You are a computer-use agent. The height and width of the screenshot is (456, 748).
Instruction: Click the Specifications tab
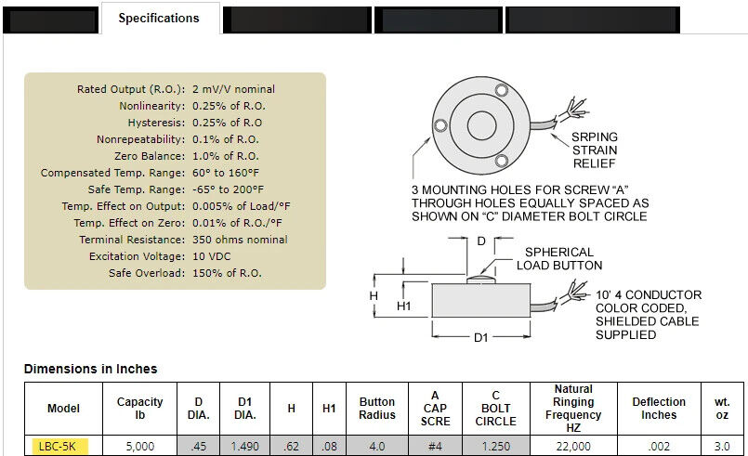[159, 18]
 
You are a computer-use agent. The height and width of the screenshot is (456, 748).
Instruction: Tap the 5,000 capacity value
[139, 446]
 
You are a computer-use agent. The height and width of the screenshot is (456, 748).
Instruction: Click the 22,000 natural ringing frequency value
[573, 446]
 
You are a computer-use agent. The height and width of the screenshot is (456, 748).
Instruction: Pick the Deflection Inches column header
[659, 409]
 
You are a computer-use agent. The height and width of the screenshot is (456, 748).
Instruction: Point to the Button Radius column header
[377, 409]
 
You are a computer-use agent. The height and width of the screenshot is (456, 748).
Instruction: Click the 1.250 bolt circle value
[495, 446]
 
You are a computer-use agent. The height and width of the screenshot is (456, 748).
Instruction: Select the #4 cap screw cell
[435, 446]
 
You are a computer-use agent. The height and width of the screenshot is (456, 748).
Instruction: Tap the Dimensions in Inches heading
[90, 369]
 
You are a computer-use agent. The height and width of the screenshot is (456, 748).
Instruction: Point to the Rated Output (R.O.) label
[131, 89]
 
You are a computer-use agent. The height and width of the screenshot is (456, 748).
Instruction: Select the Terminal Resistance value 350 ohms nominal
[240, 240]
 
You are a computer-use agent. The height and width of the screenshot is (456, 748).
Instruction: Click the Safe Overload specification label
[147, 273]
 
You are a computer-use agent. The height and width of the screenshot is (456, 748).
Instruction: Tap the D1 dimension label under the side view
[481, 338]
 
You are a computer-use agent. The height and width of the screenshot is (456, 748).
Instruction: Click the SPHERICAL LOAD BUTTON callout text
[559, 258]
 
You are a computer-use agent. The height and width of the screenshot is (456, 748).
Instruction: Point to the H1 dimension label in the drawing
[403, 306]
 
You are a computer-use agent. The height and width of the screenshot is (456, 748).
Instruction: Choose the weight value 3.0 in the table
[721, 446]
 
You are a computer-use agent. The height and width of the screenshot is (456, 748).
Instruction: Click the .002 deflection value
[659, 446]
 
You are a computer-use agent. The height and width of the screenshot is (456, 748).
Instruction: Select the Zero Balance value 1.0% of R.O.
[226, 156]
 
